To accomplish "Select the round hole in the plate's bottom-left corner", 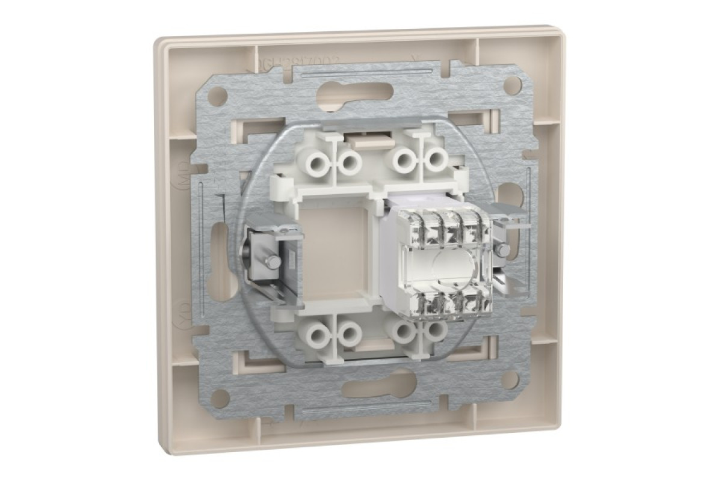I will [x=221, y=396].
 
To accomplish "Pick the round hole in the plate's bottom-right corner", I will [x=510, y=378].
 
